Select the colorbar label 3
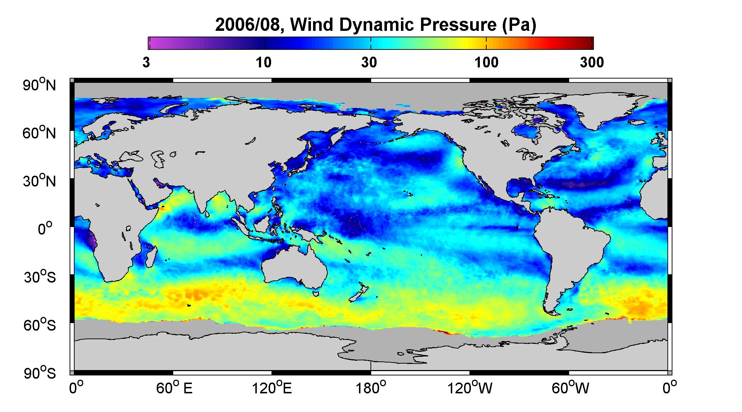[146, 62]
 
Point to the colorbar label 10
[264, 62]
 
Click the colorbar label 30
[370, 62]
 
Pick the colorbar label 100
[487, 62]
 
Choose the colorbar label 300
[592, 62]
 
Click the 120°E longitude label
[272, 388]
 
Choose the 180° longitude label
[371, 388]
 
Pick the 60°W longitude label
[570, 388]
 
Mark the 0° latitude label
[45, 229]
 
